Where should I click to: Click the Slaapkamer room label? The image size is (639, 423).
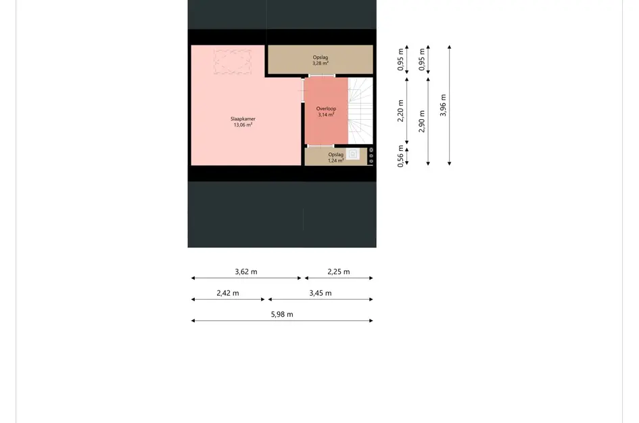(243, 119)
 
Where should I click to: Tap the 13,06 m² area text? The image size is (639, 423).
(243, 125)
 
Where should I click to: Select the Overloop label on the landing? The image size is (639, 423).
(326, 108)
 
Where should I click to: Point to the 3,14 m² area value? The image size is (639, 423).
(326, 115)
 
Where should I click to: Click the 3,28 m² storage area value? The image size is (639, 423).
(321, 64)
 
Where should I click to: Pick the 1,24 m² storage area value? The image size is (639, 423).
(336, 160)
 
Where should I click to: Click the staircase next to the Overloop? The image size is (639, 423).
(360, 112)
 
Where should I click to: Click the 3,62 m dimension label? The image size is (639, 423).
(246, 272)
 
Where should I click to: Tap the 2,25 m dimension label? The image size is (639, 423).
(339, 272)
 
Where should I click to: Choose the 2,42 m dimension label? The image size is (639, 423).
(228, 294)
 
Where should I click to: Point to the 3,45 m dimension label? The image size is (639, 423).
(321, 294)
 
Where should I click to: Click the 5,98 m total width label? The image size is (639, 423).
(282, 315)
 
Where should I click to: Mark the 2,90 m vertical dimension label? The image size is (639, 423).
(423, 121)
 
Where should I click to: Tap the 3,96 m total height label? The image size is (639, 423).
(444, 105)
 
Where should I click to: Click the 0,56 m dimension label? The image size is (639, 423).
(401, 156)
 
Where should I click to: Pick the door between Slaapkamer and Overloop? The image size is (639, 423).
(302, 91)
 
